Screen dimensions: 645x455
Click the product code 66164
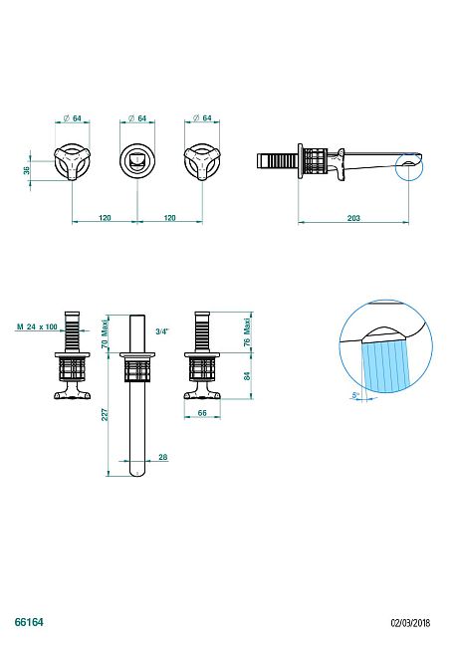click(x=29, y=619)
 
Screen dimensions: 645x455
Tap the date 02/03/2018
click(x=409, y=620)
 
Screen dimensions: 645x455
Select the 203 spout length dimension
click(x=354, y=218)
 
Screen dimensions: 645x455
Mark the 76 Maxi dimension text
click(x=247, y=329)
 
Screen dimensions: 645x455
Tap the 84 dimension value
click(x=247, y=376)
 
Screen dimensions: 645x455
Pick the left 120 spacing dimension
click(x=105, y=217)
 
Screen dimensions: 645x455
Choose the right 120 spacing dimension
click(x=169, y=217)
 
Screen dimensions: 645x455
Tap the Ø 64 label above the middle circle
click(x=137, y=118)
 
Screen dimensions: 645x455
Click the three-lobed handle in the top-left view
click(x=74, y=161)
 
